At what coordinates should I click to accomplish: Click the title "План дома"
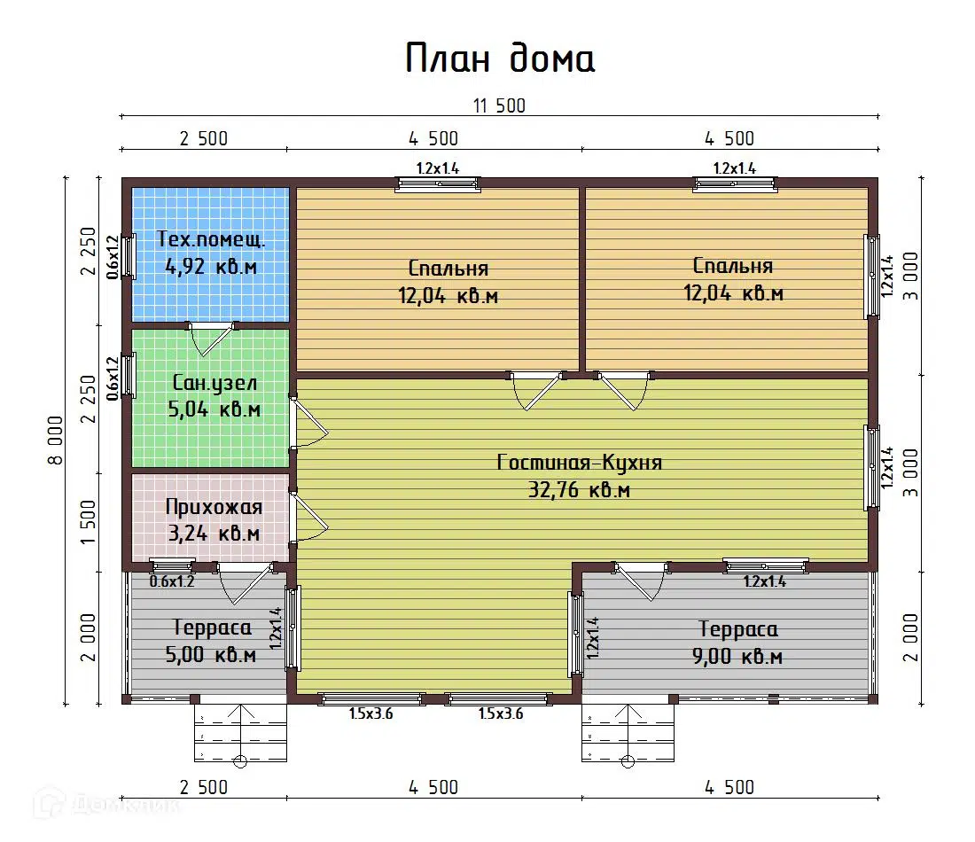click(x=501, y=59)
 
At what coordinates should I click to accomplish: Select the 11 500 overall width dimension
click(x=499, y=106)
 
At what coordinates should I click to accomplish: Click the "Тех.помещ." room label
click(x=211, y=238)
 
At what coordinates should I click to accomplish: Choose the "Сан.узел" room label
click(x=214, y=384)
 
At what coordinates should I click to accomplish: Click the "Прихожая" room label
click(x=214, y=507)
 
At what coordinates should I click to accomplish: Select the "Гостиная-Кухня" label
click(x=580, y=463)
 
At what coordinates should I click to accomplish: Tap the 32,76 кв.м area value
click(x=580, y=489)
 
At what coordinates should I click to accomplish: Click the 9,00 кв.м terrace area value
click(x=739, y=657)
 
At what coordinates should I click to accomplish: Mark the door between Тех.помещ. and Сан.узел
click(x=211, y=338)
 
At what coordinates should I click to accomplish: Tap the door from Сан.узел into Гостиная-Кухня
click(x=308, y=424)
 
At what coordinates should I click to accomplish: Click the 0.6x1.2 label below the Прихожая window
click(x=171, y=582)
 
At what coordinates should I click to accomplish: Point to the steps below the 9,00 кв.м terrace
click(x=628, y=734)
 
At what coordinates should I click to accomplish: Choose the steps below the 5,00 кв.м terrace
click(x=240, y=734)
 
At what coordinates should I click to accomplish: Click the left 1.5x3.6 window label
click(x=370, y=713)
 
